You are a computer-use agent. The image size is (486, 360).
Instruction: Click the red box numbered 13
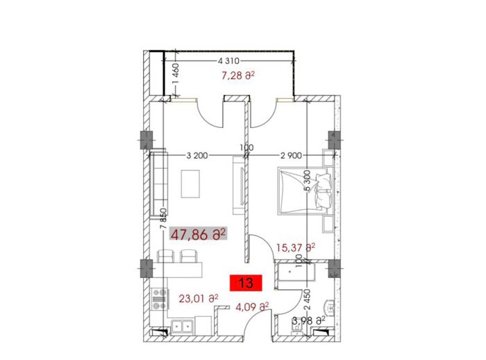246,283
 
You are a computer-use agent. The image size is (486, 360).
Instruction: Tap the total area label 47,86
198,234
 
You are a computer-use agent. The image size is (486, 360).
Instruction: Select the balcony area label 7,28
238,76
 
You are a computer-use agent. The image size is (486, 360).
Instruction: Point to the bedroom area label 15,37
295,247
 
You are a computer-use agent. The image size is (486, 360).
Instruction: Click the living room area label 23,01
199,299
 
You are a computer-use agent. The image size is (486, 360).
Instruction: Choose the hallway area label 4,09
252,307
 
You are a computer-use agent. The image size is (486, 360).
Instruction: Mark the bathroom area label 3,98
308,321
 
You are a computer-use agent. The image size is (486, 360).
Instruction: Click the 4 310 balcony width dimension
228,61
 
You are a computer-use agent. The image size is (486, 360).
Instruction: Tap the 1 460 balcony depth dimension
176,74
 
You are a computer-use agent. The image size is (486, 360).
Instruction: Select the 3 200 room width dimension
197,156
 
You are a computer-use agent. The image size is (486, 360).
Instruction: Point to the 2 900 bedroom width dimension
291,156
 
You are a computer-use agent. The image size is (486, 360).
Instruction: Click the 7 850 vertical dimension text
164,219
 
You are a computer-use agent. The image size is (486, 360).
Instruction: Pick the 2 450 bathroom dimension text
307,300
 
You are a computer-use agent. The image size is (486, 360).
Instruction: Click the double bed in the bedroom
305,191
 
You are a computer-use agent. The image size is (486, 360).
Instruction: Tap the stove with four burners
159,299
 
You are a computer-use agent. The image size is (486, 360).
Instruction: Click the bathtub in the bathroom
296,272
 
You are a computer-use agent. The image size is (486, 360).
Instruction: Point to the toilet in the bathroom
329,308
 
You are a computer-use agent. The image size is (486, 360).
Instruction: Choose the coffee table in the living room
190,183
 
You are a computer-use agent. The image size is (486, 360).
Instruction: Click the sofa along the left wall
158,183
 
